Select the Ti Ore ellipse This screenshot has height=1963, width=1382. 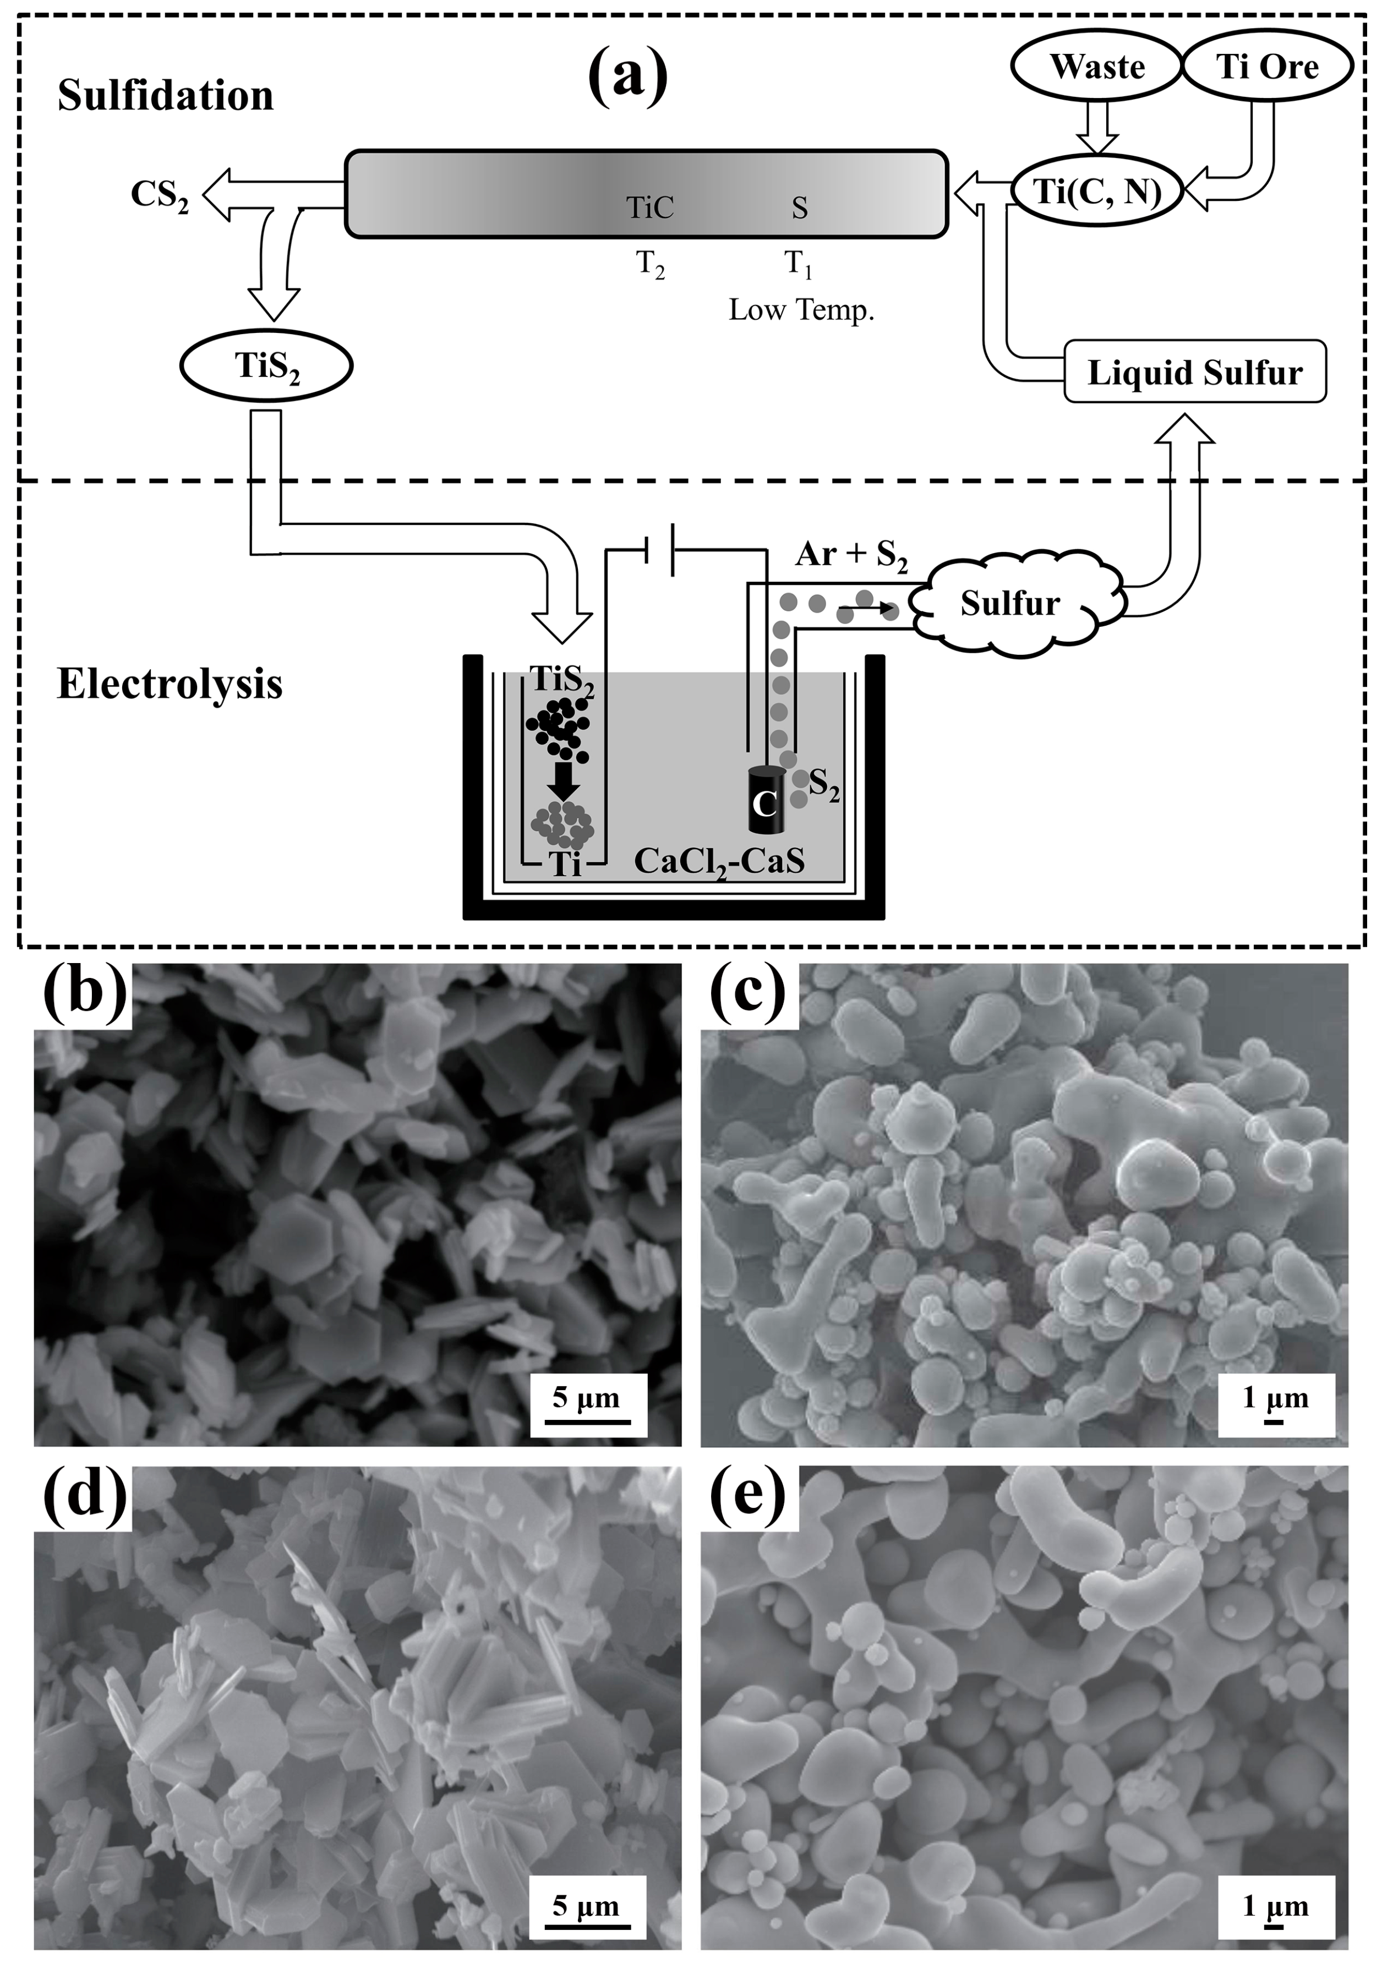(1266, 67)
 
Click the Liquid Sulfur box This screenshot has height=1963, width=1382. (1195, 373)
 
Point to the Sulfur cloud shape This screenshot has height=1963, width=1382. (1011, 604)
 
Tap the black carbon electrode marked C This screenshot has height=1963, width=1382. (766, 801)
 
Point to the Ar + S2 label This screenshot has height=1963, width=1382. (851, 555)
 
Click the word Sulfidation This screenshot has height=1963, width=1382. (165, 96)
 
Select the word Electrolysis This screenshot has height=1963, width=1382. (170, 685)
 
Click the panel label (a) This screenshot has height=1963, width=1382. (629, 75)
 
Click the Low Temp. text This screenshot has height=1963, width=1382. (801, 309)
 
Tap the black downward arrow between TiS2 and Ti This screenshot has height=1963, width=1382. (564, 780)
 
